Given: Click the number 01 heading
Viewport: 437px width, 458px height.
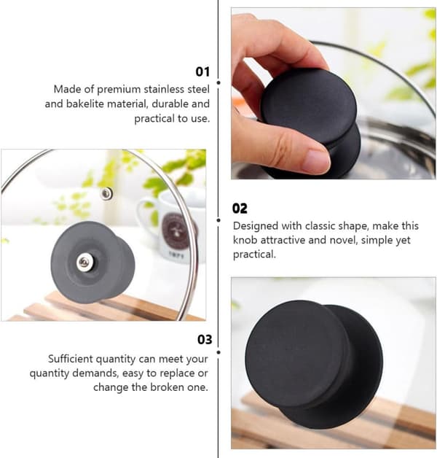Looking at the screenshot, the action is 202,71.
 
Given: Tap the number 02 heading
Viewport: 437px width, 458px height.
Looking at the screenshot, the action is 240,209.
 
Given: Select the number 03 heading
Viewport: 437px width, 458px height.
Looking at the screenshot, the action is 205,339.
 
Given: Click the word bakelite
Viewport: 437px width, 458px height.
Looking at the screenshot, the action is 85,104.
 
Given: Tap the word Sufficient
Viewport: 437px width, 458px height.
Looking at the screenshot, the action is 71,359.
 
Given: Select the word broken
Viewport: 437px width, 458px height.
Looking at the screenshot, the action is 168,387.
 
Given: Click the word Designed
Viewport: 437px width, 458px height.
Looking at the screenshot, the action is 256,226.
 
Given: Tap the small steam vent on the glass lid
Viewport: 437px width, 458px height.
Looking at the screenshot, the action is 106,193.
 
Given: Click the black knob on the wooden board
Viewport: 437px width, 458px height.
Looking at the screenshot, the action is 314,365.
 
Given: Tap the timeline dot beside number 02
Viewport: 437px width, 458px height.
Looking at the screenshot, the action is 219,220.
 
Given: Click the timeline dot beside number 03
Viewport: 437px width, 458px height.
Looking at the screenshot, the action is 219,352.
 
